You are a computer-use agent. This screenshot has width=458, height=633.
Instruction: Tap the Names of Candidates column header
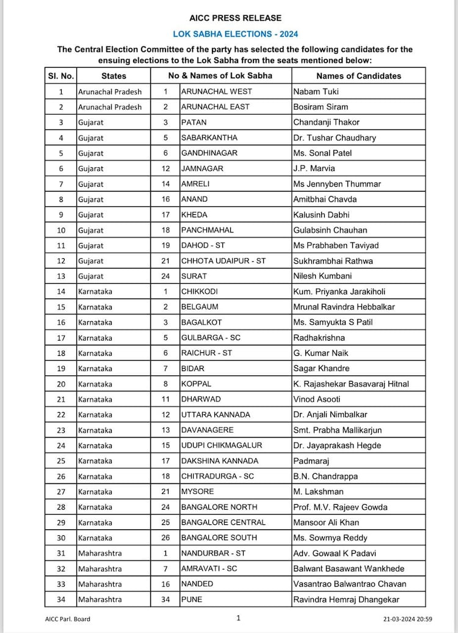coord(358,76)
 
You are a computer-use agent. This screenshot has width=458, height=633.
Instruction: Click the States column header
coord(114,76)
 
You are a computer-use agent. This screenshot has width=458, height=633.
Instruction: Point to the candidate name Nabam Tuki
coord(316,92)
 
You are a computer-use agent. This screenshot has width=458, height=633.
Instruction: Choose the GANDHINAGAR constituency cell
coord(209,153)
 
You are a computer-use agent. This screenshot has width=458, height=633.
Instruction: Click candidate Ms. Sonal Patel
coord(322,153)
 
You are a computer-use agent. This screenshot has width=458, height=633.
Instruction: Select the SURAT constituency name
coord(194,276)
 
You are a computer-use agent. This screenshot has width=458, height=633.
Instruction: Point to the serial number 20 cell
coord(61,384)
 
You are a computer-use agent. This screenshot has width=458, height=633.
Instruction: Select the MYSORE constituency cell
coord(196,491)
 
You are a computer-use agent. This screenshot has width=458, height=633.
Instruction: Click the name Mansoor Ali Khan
coord(326,523)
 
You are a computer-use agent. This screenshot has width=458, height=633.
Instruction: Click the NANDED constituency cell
coord(197,584)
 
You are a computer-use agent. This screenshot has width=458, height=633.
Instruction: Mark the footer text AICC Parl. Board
coord(68,619)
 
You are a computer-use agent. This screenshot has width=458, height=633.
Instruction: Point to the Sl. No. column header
coord(61,76)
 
